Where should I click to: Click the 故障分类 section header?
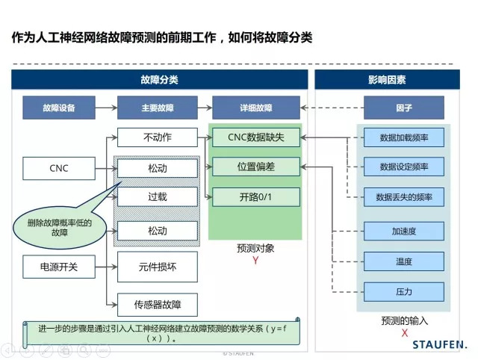click(x=158, y=79)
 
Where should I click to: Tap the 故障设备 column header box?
click(x=58, y=108)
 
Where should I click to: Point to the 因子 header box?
click(x=404, y=108)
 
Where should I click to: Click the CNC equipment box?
click(x=58, y=168)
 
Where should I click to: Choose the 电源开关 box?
click(x=58, y=266)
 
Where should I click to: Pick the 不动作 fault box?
click(x=158, y=137)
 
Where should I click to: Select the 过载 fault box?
click(x=158, y=197)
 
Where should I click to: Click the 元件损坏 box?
click(x=158, y=266)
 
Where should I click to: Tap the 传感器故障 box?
click(x=158, y=303)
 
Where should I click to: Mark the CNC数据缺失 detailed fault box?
click(x=255, y=137)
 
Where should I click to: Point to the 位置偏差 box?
click(x=255, y=167)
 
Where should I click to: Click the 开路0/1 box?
click(x=255, y=197)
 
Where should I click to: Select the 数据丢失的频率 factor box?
click(x=403, y=197)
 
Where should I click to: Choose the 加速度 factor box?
click(x=403, y=232)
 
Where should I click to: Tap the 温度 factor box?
click(x=403, y=261)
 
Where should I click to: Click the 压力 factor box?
click(x=403, y=291)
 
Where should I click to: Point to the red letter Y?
click(x=255, y=261)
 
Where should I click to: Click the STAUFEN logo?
click(x=440, y=344)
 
